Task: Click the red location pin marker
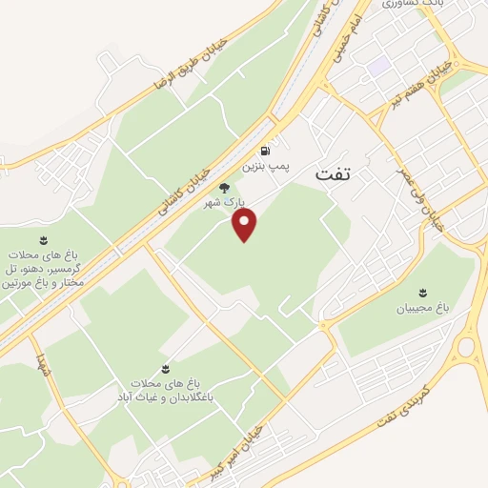click(247, 224)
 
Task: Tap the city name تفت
click(333, 176)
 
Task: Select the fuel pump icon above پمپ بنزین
click(263, 151)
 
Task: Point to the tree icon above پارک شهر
click(224, 188)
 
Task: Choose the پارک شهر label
click(226, 203)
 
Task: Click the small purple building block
click(378, 65)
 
